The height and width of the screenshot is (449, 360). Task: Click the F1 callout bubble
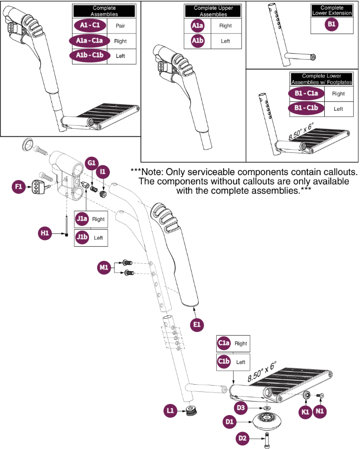coord(18,187)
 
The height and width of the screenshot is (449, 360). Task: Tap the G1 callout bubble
coord(91,163)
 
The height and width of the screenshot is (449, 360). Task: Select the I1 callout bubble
coord(103,172)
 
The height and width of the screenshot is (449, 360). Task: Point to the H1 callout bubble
coord(45,233)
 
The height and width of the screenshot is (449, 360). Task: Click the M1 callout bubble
coord(104,268)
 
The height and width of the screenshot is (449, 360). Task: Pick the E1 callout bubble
coord(197,325)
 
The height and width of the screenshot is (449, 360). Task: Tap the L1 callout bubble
coord(170,411)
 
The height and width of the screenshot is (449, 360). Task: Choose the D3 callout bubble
coord(240,407)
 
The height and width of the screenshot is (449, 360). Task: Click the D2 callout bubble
coord(242,438)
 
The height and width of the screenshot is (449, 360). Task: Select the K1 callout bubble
coord(305,412)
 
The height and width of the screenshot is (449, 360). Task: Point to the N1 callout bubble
coord(320,411)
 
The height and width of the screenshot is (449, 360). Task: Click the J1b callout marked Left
coord(82,237)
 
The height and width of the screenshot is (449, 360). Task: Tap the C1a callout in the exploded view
coord(224,343)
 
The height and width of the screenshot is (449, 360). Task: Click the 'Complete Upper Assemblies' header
coord(213,11)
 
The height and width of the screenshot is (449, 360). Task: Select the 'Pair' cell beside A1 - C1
coord(120,26)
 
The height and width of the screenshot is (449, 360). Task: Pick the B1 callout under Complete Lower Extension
coord(331,24)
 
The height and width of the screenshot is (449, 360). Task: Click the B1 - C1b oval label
coord(306,108)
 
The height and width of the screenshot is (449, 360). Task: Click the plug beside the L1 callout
coord(191,411)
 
